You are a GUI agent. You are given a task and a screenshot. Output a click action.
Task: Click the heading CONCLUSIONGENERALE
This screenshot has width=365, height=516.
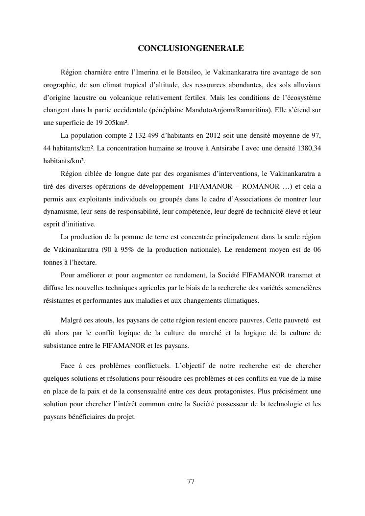191,49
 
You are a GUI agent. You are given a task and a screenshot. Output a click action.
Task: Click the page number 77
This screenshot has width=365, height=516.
191,481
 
